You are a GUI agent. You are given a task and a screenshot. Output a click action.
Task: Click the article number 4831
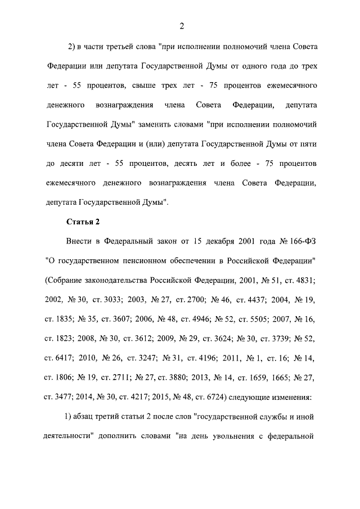tap(303, 280)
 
